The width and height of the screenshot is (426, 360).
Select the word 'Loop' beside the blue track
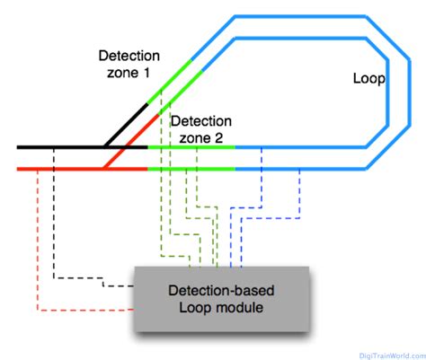368,79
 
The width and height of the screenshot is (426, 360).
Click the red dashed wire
37,242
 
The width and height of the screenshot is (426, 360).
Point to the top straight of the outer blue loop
297,16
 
